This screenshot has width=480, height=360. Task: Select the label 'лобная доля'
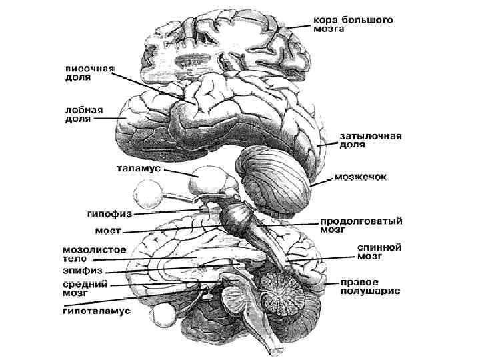pyautogui.click(x=82, y=115)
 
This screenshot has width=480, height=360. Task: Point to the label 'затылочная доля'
pyautogui.click(x=371, y=141)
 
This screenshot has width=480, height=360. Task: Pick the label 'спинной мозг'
pyautogui.click(x=379, y=251)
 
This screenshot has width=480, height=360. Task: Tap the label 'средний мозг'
pyautogui.click(x=83, y=289)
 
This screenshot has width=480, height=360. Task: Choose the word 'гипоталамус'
pyautogui.click(x=97, y=310)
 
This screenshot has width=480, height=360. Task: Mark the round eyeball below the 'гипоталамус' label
pyautogui.click(x=163, y=318)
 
